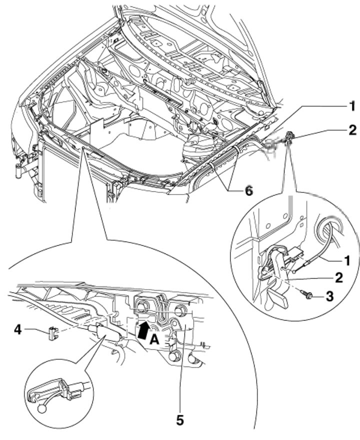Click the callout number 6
(x=249, y=191)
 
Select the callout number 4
(x=17, y=330)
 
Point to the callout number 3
(x=329, y=296)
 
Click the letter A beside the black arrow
(x=154, y=340)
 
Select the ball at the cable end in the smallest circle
(x=41, y=408)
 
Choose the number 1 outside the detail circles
(x=352, y=106)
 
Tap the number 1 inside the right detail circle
(x=347, y=260)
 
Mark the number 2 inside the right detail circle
(x=339, y=277)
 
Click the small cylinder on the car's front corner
(x=19, y=171)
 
